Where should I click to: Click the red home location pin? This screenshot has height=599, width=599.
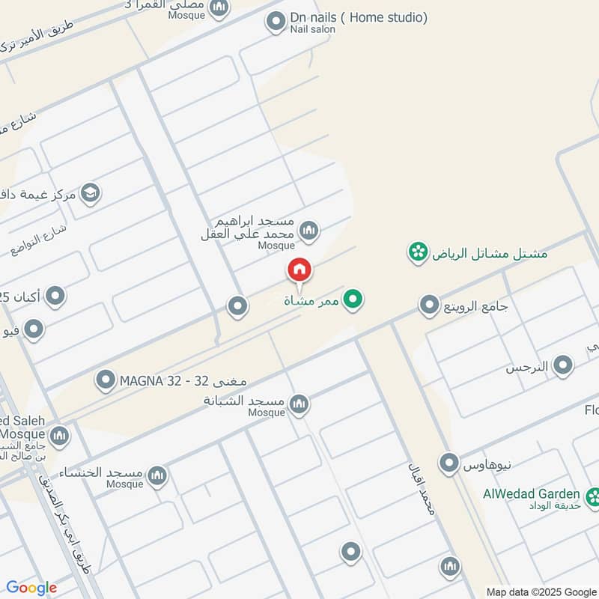pos(299,270)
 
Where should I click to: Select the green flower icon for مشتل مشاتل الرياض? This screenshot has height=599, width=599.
pos(417,252)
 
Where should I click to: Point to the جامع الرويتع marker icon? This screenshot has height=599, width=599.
pos(429,305)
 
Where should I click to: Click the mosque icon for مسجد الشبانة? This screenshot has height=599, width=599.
pos(299,404)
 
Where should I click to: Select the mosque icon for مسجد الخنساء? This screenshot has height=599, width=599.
pos(156,475)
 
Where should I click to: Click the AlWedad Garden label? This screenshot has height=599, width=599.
pos(532,493)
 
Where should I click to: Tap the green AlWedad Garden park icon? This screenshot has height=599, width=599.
pos(594,496)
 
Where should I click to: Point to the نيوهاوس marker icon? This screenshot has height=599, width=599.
pos(449,463)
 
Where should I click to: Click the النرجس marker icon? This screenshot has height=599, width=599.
pos(563,366)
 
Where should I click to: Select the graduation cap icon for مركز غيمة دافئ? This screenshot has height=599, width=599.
pos(91,194)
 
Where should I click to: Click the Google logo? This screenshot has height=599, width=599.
pos(31,588)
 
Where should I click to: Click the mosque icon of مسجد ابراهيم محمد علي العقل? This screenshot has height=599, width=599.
pos(308,230)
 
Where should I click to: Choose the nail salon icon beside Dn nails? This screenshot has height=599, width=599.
pos(276,22)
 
